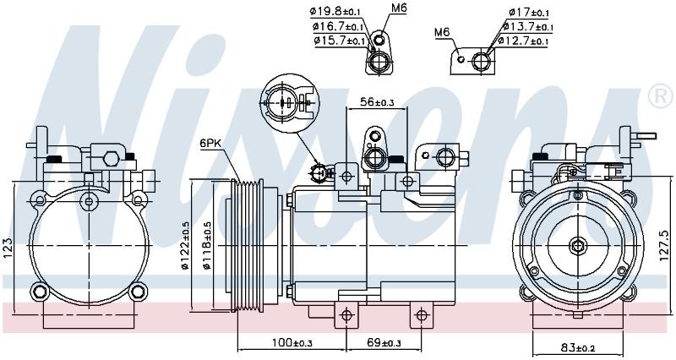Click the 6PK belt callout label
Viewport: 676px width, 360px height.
coord(210,144)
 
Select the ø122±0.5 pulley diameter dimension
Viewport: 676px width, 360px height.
coord(186,245)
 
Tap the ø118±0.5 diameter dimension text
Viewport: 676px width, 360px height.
coord(206,245)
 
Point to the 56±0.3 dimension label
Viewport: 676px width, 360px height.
coord(377,101)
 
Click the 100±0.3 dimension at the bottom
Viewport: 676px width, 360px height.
coord(292,343)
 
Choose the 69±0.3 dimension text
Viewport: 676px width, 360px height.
coord(384,343)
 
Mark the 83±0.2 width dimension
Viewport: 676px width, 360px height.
coord(577,347)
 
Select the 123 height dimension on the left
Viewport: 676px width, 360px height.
coord(8,248)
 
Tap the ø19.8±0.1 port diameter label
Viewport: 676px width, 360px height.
coord(335,12)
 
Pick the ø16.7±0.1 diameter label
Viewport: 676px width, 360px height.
coord(339,27)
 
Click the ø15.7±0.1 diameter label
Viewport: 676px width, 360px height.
coord(340,41)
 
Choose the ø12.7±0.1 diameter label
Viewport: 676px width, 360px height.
coord(522,41)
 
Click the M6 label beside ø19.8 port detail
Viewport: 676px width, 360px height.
coord(399,8)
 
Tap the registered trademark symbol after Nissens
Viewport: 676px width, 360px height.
coord(660,96)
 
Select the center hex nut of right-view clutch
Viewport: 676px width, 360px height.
coord(577,246)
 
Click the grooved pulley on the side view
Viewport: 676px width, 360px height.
coord(247,245)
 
